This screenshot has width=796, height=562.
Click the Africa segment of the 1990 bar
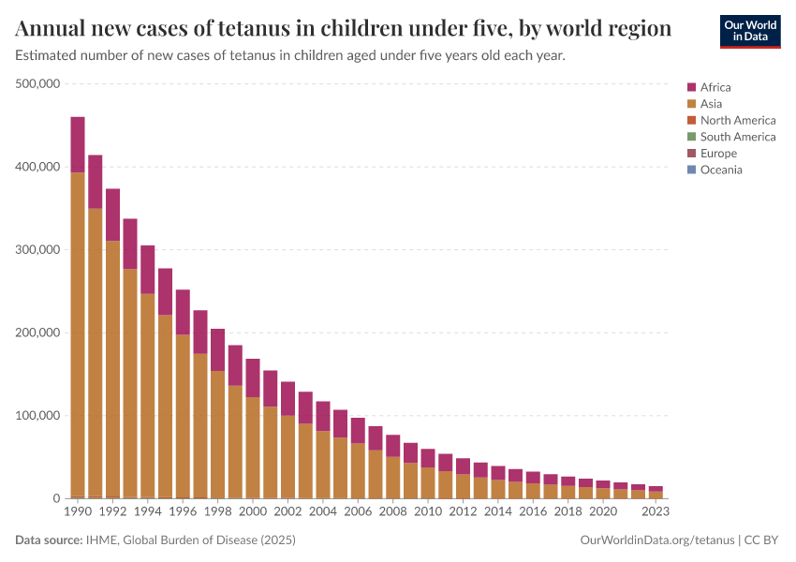point(78,144)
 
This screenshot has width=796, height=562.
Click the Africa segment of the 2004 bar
point(323,416)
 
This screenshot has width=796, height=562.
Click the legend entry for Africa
point(716,87)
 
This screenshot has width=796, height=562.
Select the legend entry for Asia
point(711,104)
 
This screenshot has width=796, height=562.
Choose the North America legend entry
point(737,120)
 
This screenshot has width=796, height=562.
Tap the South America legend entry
point(737,137)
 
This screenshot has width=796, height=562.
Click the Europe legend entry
point(718,153)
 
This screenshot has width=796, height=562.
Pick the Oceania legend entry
point(720,170)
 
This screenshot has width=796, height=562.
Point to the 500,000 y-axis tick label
point(38,84)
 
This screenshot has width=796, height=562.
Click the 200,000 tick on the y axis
point(38,333)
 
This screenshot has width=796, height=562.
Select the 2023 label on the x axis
point(656,512)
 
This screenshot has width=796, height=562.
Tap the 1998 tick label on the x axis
point(218,512)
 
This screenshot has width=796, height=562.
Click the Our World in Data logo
point(749,31)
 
